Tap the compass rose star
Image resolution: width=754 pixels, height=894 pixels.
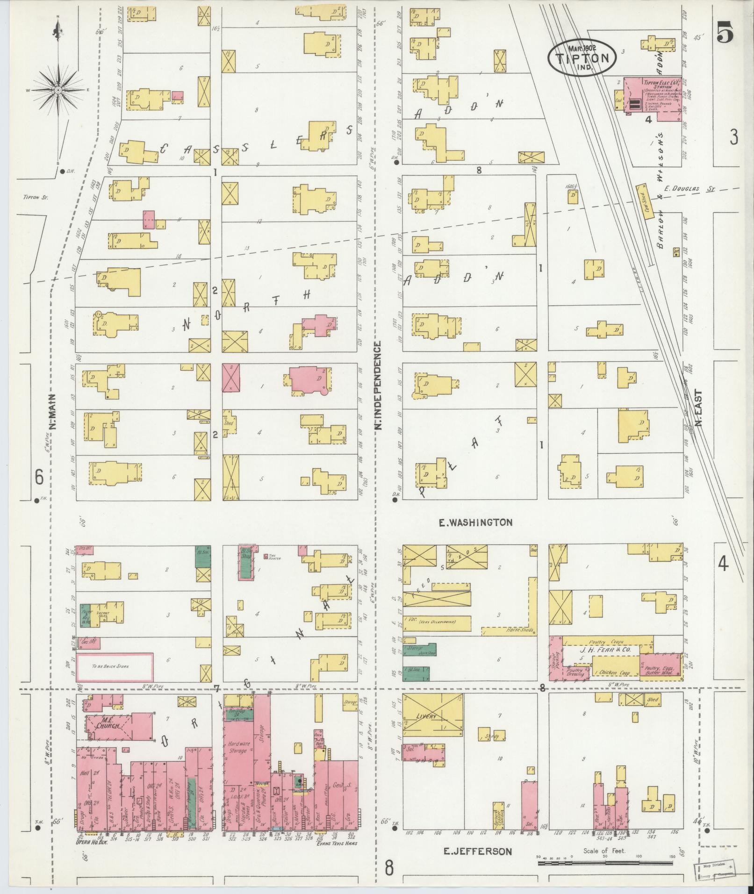(x=57, y=89)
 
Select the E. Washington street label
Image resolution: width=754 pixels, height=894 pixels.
(x=475, y=522)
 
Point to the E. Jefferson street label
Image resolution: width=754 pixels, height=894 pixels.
(x=478, y=851)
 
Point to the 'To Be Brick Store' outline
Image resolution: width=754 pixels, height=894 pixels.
(x=115, y=666)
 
